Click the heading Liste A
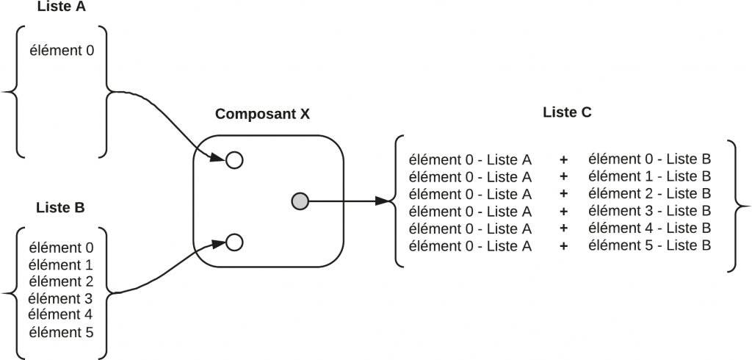(61, 7)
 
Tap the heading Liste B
(60, 207)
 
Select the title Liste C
(567, 112)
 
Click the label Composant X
(262, 115)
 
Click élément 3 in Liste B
(60, 298)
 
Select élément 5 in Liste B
(60, 332)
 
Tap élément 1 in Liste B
(60, 264)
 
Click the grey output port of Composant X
(300, 200)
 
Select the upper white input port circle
(234, 159)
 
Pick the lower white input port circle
(234, 241)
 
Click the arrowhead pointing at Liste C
(383, 200)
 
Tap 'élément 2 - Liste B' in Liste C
(649, 194)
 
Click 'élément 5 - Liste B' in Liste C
(649, 245)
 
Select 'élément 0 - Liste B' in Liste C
(649, 159)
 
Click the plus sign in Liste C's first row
(563, 159)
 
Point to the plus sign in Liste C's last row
(563, 245)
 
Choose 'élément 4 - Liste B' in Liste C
(649, 228)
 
